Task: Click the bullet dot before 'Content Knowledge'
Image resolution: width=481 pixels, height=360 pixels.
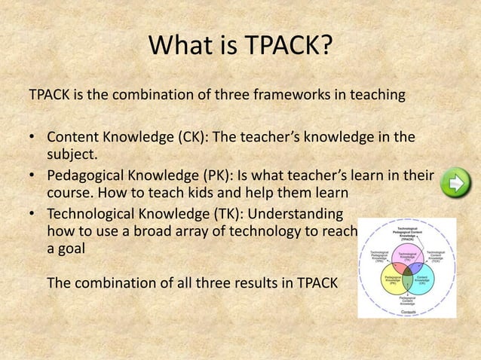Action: click(33, 139)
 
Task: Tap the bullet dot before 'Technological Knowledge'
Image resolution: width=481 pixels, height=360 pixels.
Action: click(33, 215)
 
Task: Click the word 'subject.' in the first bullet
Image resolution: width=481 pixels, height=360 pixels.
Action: click(72, 155)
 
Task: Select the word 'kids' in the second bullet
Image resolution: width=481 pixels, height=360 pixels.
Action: click(198, 194)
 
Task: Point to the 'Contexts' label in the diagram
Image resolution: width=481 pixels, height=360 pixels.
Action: click(407, 310)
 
